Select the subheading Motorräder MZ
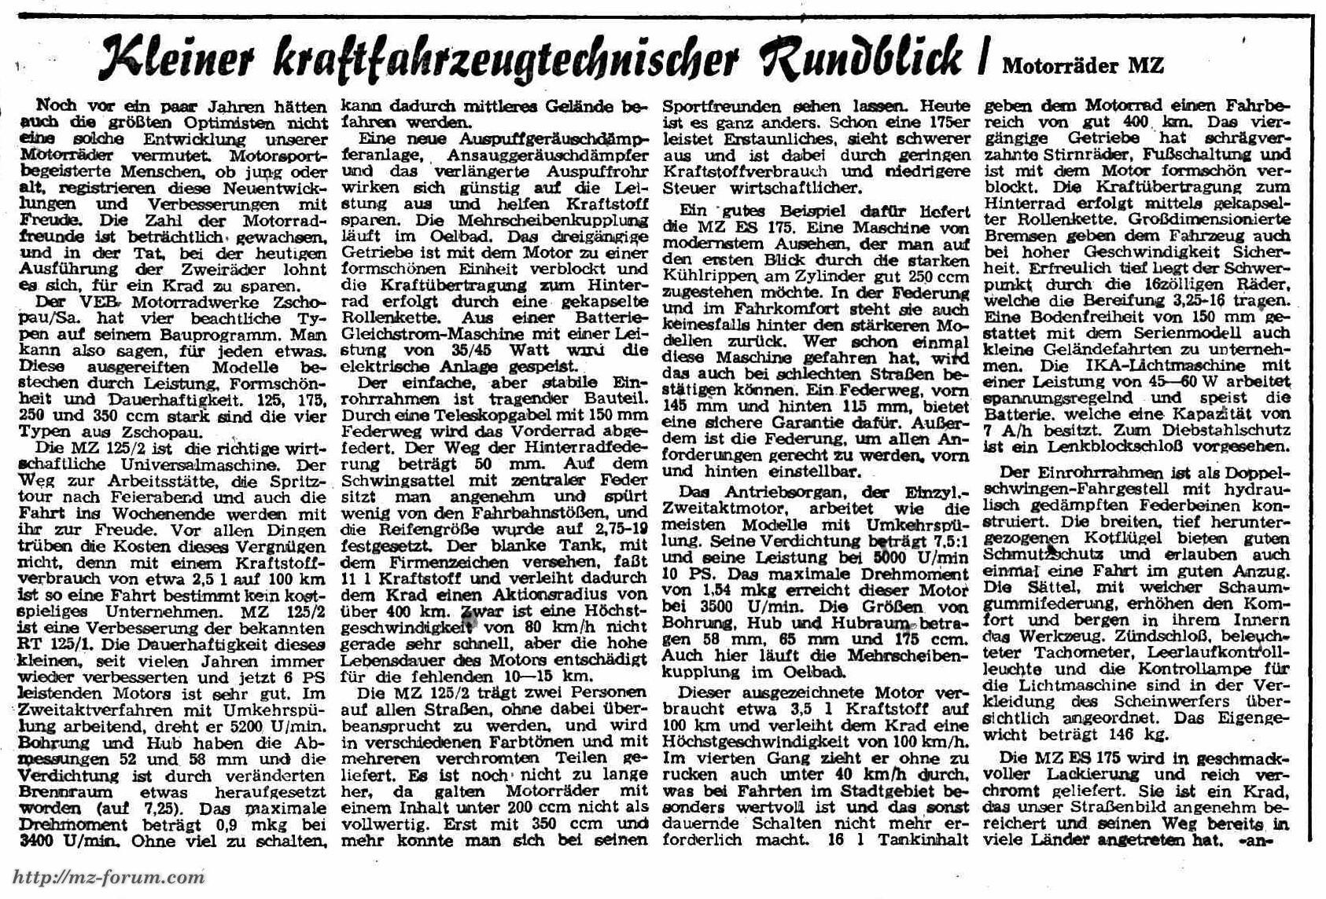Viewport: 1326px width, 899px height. [1082, 65]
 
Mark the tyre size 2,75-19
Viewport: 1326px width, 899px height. [618, 530]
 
